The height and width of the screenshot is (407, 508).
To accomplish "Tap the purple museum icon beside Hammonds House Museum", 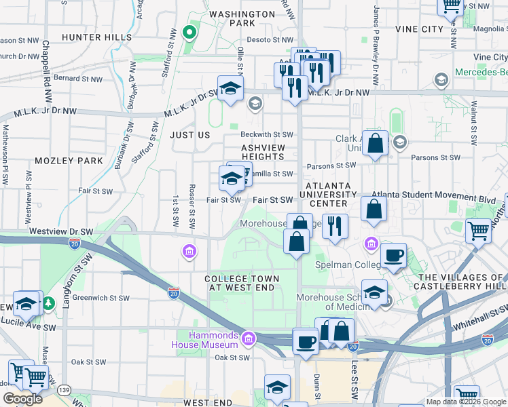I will [x=249, y=338].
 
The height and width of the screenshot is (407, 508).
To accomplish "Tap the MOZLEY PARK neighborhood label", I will [x=69, y=161].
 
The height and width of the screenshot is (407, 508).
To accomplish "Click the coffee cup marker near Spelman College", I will [x=393, y=256].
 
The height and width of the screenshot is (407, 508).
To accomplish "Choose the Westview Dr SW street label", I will [x=60, y=231].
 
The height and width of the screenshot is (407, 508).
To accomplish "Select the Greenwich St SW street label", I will [x=101, y=297].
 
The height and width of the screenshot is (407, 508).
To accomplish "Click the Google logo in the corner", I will [x=22, y=399].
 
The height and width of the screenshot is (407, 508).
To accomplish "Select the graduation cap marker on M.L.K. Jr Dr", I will [x=231, y=88].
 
